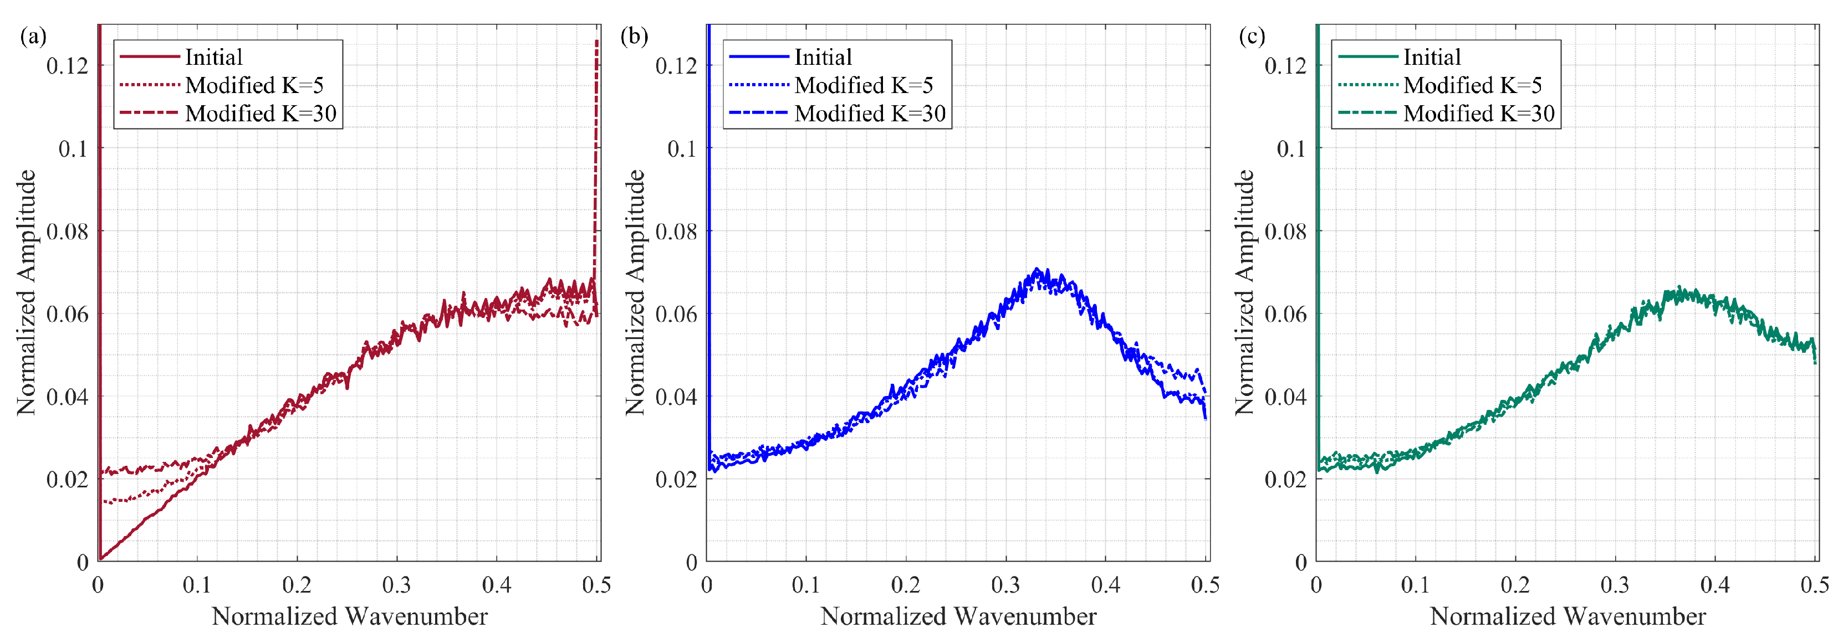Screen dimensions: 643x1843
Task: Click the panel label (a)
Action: point(34,36)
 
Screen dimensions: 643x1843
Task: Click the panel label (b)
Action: point(634,36)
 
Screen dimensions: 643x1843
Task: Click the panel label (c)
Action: point(1252,36)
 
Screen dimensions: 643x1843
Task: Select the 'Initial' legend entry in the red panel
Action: point(213,56)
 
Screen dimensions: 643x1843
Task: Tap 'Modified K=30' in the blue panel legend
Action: point(869,113)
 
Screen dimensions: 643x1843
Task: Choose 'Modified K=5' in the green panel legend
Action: point(1472,85)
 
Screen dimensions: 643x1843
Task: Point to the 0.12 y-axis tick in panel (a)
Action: point(68,66)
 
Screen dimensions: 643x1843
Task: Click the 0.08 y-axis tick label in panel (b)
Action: point(676,231)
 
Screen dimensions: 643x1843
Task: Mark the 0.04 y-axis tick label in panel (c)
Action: point(1285,396)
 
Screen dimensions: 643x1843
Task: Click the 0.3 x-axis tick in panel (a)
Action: point(396,585)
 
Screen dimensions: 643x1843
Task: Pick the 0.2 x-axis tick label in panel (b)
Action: point(905,585)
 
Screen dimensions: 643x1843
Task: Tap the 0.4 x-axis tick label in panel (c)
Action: point(1714,585)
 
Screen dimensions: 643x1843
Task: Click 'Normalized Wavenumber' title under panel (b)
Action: point(958,616)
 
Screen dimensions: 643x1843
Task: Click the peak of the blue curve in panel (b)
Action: point(1037,270)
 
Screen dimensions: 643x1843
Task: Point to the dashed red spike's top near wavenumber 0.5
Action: point(596,42)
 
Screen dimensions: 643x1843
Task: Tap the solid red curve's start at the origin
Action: point(101,559)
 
